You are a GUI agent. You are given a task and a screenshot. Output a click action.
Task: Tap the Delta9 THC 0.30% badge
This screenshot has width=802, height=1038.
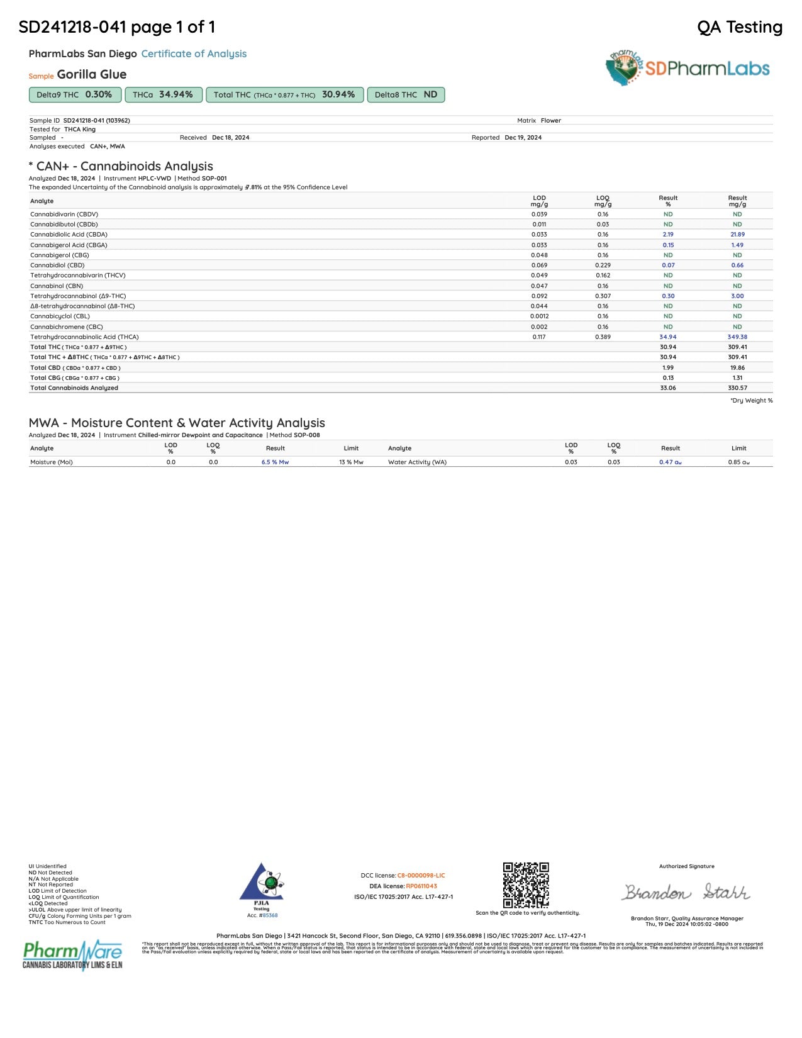point(74,95)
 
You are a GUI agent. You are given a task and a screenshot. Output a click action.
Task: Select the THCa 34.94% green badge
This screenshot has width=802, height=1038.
point(163,95)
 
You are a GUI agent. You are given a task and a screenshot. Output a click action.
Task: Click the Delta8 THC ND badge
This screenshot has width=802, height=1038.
point(406,95)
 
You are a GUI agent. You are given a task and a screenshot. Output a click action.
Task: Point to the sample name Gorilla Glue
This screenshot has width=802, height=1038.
point(92,75)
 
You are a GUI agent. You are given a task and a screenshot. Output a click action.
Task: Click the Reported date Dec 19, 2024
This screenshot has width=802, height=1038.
point(523,138)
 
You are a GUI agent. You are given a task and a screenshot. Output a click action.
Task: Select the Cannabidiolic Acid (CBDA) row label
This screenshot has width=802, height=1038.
point(69,235)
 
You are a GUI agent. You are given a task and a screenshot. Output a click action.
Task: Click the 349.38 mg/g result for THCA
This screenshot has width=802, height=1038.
point(737,337)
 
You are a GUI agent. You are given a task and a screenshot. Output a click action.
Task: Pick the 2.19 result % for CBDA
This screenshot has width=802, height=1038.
point(668,235)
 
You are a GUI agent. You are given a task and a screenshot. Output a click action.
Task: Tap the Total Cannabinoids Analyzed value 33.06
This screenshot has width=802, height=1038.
point(668,388)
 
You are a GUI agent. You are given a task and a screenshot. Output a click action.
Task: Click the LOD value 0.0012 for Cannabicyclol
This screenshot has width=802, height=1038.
point(539,316)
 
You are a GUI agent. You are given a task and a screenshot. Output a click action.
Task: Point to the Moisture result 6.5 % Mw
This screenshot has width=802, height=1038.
point(275,462)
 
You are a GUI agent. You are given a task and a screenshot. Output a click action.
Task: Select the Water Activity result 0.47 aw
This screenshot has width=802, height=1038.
point(671,462)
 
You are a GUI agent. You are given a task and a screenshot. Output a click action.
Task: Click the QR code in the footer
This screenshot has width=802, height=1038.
point(526,885)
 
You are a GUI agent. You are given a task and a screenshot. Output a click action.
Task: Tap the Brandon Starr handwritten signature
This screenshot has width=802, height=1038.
point(686,892)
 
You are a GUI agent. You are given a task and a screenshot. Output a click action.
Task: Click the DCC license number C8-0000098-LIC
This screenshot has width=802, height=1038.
point(421,876)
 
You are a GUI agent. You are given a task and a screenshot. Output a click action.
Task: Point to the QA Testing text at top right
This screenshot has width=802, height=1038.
point(740,27)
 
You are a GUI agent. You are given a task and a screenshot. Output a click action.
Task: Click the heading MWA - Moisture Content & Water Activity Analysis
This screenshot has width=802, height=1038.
point(177,423)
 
